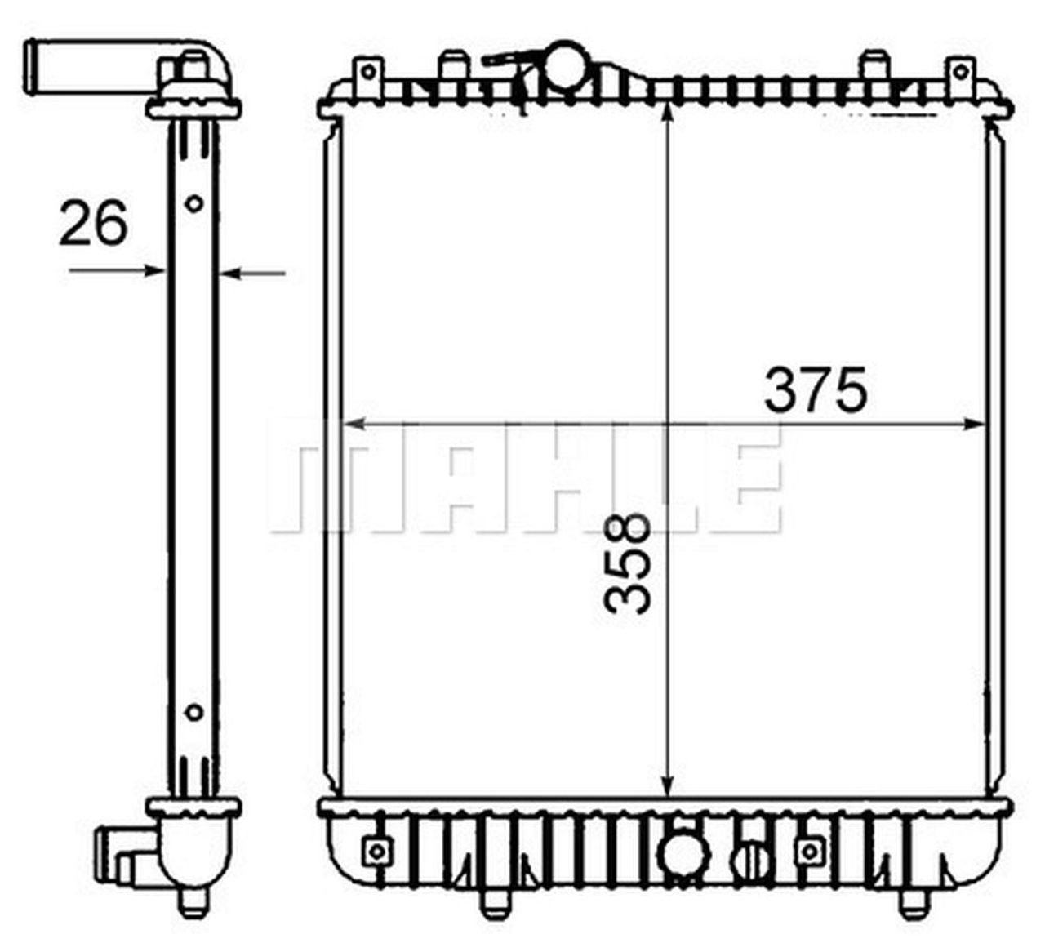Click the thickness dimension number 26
[93, 223]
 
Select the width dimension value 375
[814, 391]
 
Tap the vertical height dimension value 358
[628, 563]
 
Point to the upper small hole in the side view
[193, 203]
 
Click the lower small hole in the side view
[193, 712]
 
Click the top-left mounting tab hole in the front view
[368, 72]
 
